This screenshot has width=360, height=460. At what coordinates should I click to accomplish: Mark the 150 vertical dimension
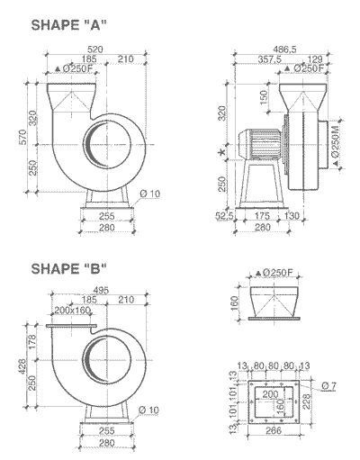coord(261,96)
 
